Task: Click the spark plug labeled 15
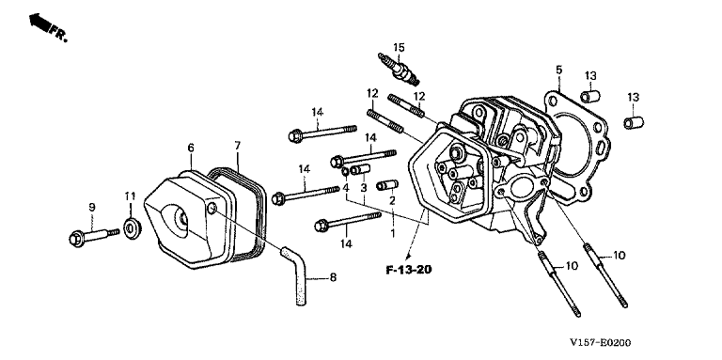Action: [399, 70]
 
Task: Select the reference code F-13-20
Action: [408, 270]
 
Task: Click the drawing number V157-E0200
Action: [600, 342]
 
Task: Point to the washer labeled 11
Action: [133, 227]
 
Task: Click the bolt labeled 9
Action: [94, 236]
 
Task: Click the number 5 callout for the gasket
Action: [559, 70]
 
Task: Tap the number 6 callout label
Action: [191, 148]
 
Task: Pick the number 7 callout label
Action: [238, 146]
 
